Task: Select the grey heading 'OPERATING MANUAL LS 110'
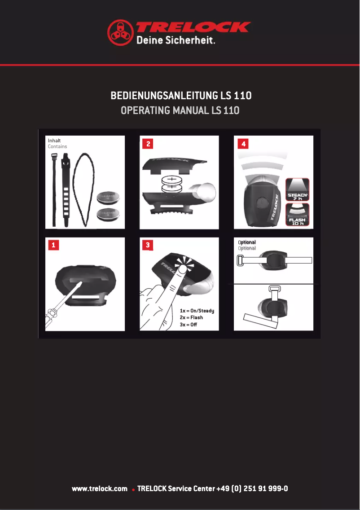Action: coord(180,110)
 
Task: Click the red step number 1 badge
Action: coord(53,245)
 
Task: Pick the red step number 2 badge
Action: coord(147,144)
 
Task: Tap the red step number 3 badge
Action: coord(147,245)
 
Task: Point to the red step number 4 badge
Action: coord(242,144)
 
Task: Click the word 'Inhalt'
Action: coord(54,141)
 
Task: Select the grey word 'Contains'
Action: coord(57,146)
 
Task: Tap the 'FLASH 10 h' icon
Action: coord(297,215)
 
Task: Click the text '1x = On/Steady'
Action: coord(197,311)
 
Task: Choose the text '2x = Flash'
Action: coord(191,317)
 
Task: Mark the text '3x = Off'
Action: coord(188,324)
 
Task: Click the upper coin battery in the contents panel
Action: coord(109,197)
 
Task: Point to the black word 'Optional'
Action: coord(247,242)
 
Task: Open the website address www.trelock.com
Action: coord(100,488)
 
